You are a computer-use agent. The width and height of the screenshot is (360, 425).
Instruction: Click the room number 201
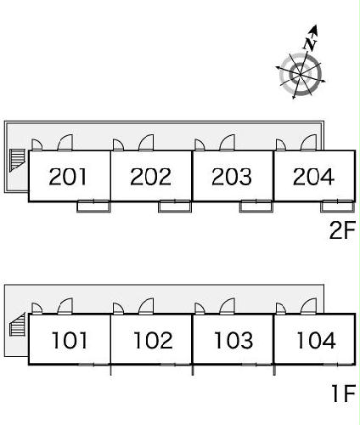(68, 177)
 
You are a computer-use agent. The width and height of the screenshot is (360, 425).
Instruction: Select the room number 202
(150, 177)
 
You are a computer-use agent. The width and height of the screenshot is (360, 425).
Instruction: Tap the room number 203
(232, 177)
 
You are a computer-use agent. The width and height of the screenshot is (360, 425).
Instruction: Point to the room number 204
(313, 177)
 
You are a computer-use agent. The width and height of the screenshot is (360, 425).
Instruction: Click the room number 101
(70, 340)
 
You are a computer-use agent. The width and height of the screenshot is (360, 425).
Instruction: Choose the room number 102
(153, 340)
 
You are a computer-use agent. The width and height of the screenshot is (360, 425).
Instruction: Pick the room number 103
(233, 340)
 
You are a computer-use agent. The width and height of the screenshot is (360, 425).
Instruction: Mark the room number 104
(316, 340)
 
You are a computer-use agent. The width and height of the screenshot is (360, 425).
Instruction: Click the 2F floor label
(342, 230)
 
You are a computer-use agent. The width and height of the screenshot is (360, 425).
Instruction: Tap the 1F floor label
(344, 393)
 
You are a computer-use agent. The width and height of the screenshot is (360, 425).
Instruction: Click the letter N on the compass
(310, 44)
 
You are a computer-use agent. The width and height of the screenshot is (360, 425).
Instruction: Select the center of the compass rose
(301, 75)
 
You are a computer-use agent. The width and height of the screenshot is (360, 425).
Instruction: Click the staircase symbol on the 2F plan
(18, 161)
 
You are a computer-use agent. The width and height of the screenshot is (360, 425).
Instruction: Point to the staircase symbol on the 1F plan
(18, 325)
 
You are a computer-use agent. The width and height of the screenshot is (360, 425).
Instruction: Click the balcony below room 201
(94, 207)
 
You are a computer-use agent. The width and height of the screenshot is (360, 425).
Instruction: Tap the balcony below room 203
(256, 207)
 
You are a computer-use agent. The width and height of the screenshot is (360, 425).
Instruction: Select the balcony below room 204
(338, 207)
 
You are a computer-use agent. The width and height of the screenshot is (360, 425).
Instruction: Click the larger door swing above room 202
(146, 143)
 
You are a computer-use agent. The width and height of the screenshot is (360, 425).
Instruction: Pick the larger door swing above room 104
(309, 306)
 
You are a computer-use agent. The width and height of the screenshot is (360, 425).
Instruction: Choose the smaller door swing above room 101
(37, 309)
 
